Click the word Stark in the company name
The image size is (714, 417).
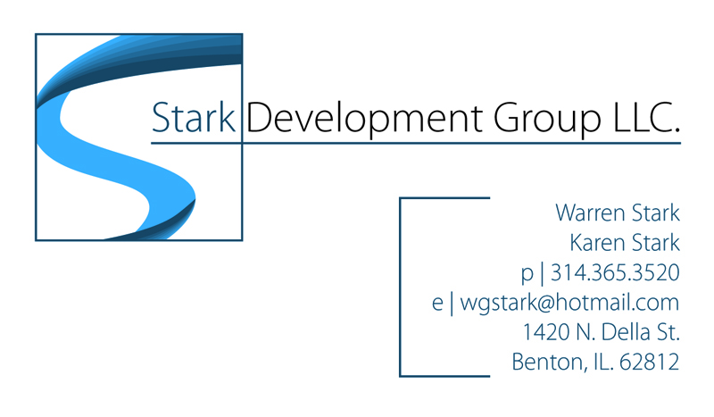(x=193, y=118)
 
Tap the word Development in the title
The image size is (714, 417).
(x=364, y=120)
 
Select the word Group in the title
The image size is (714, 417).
(x=547, y=120)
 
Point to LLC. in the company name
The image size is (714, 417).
(x=646, y=118)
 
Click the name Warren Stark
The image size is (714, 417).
(x=618, y=213)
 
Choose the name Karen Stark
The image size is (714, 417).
(x=625, y=243)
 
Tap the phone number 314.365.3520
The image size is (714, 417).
(x=615, y=272)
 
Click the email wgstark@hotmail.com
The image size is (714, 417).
(x=569, y=303)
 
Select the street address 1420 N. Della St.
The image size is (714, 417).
(x=601, y=332)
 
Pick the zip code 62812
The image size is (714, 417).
(x=650, y=362)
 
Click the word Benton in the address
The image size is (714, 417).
(x=546, y=363)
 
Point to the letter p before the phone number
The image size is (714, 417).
(x=527, y=274)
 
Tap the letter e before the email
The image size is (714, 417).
(x=437, y=304)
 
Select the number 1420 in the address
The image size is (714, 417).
(x=545, y=332)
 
